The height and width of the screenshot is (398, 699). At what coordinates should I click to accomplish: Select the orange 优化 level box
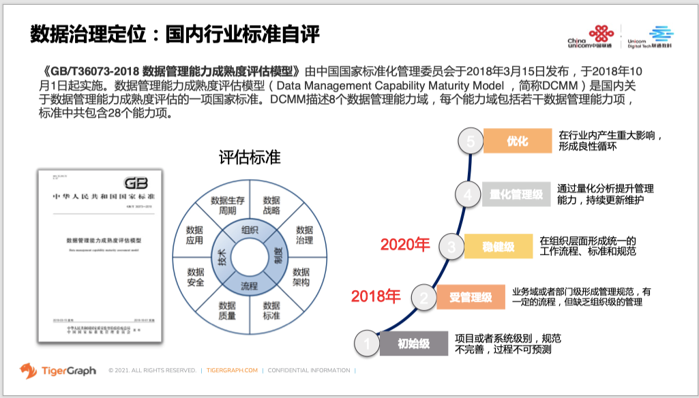(517, 141)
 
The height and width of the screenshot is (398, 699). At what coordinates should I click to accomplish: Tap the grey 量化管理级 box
(516, 194)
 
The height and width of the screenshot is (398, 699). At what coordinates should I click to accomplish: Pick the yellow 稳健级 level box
(499, 246)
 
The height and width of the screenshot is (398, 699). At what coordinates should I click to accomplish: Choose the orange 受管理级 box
(471, 298)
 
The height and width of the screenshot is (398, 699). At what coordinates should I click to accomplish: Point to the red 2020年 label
(405, 244)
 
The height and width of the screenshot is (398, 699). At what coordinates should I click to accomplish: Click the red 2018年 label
(376, 296)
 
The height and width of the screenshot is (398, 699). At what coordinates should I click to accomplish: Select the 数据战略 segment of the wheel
(271, 205)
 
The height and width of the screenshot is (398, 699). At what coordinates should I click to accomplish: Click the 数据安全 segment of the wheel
(196, 277)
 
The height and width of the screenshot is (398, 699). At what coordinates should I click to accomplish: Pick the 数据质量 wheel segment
(227, 310)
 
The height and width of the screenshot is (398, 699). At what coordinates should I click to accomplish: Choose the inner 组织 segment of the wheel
(250, 230)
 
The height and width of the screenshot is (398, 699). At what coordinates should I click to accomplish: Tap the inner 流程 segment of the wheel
(249, 286)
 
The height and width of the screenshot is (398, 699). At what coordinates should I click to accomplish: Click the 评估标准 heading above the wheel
(249, 157)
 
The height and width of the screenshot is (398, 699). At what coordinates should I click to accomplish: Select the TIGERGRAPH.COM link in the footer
(232, 371)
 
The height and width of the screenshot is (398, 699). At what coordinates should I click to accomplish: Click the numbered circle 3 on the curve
(451, 246)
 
